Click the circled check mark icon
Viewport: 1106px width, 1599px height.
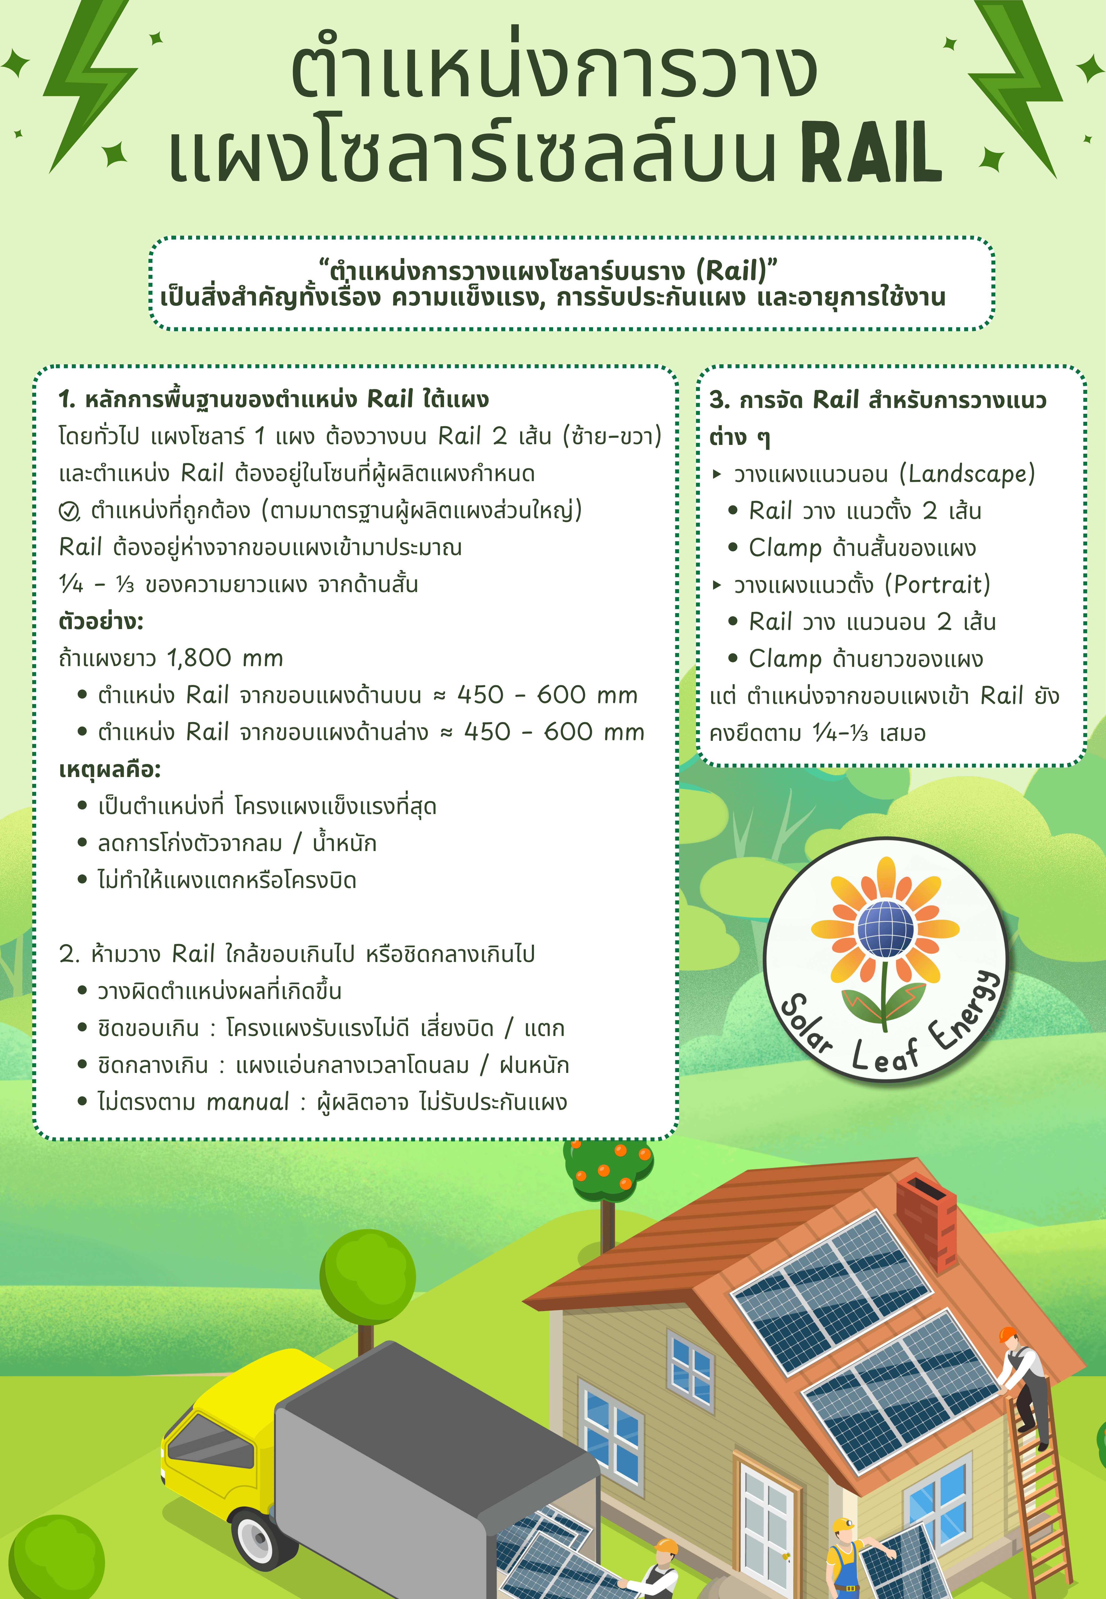[x=69, y=511]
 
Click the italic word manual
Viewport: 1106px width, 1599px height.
[x=247, y=1101]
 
